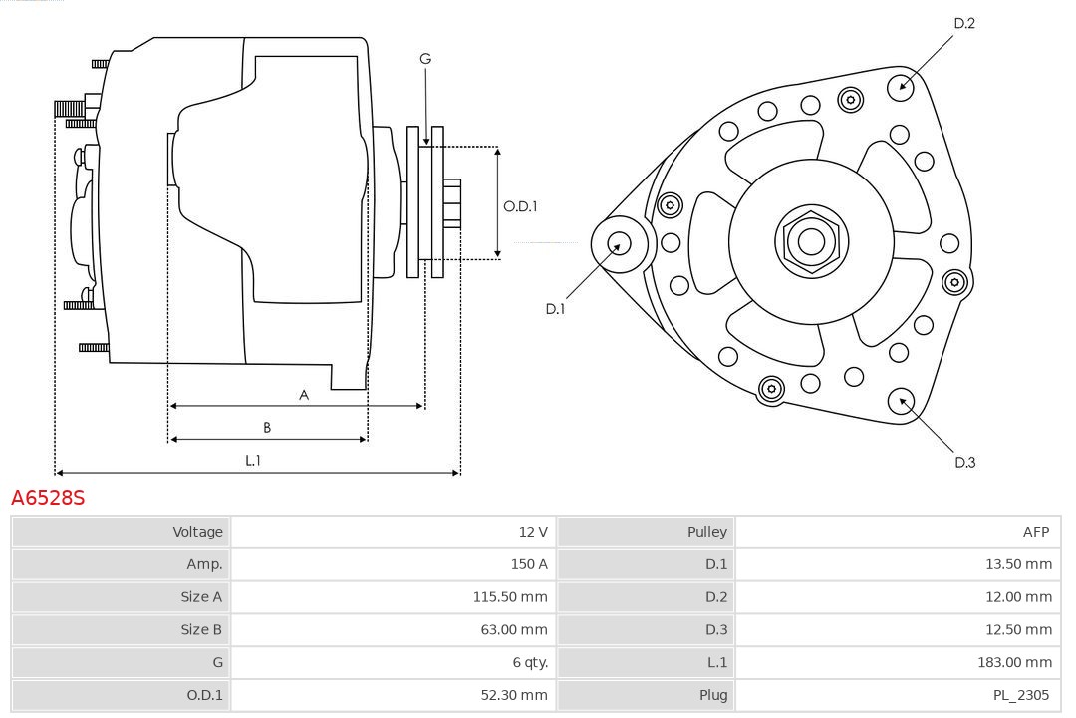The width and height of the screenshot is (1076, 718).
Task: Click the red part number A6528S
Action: [x=48, y=497]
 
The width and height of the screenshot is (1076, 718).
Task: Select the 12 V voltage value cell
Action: [x=532, y=532]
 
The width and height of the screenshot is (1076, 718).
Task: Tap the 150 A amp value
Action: [x=528, y=564]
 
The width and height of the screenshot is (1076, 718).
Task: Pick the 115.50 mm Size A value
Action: [x=509, y=597]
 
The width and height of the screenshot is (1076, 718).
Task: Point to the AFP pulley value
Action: [x=1035, y=532]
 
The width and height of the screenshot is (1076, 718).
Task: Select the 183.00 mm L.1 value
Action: [x=1014, y=662]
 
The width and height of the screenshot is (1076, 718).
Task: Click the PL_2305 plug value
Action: [x=1021, y=695]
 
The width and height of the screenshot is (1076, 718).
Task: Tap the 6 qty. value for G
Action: [x=529, y=662]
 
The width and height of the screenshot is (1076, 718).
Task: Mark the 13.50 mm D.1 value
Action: [x=1018, y=564]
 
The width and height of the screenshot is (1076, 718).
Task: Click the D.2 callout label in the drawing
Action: [x=963, y=23]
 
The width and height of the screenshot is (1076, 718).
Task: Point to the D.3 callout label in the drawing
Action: [x=964, y=462]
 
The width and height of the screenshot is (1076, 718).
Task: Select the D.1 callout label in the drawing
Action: [x=555, y=309]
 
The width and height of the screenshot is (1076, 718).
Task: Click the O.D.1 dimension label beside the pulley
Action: [x=520, y=206]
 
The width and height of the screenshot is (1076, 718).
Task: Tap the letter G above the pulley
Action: [x=425, y=59]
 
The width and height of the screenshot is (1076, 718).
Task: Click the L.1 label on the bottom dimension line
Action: [x=253, y=461]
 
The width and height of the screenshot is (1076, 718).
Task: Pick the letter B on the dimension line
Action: [x=267, y=428]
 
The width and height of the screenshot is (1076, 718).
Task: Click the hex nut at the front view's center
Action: [x=811, y=241]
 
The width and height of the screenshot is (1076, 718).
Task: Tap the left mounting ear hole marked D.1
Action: [x=619, y=242]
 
